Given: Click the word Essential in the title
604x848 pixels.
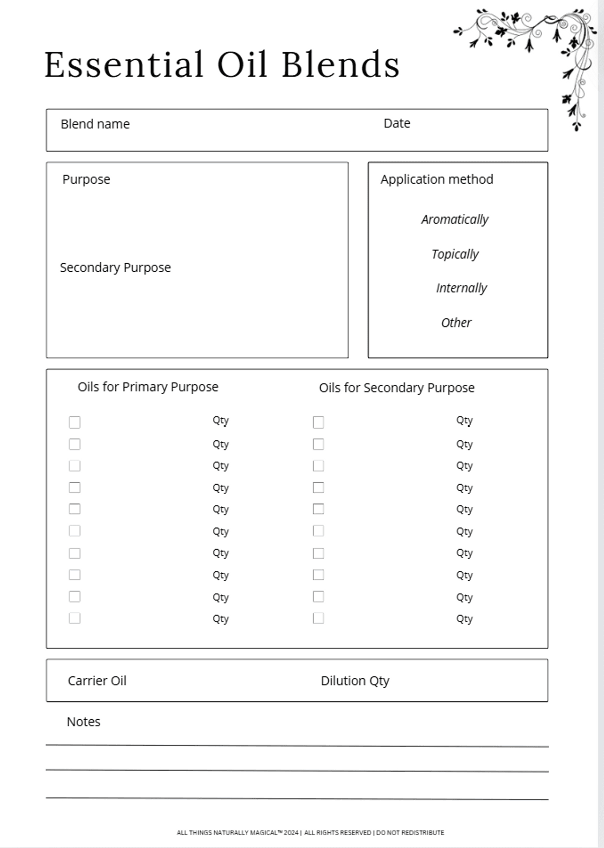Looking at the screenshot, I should coord(124,65).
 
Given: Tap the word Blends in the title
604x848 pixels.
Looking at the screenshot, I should coord(340,65).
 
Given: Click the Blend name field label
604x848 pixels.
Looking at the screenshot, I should coord(95,124).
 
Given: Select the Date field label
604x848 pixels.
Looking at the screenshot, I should coord(397,123).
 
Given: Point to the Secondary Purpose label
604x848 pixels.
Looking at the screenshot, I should coord(115,267).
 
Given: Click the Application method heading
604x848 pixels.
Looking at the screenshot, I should coord(436,180).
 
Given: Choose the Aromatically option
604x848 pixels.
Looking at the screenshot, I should coord(455,219).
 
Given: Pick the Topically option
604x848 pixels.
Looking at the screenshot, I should coord(455,254).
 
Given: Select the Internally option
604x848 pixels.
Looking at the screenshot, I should coord(461,288).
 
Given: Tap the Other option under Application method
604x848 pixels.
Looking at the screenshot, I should coord(456,323).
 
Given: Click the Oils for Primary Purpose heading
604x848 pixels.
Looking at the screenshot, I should coord(147,387).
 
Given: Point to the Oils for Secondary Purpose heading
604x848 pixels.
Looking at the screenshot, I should coord(397,388).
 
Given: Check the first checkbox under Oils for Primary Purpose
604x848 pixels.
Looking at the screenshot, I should coord(74,422).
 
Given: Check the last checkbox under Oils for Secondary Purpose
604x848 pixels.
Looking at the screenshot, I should coord(318,618).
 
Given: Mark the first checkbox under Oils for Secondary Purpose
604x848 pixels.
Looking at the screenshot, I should coord(318,422).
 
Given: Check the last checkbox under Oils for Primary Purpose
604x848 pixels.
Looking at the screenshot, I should coord(74,618).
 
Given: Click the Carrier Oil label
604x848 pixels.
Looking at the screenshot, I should coord(97,681).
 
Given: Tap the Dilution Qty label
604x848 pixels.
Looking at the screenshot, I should coord(355,681).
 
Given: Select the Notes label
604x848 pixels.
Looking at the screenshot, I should coord(84,722).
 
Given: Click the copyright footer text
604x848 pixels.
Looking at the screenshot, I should coord(310,832).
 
